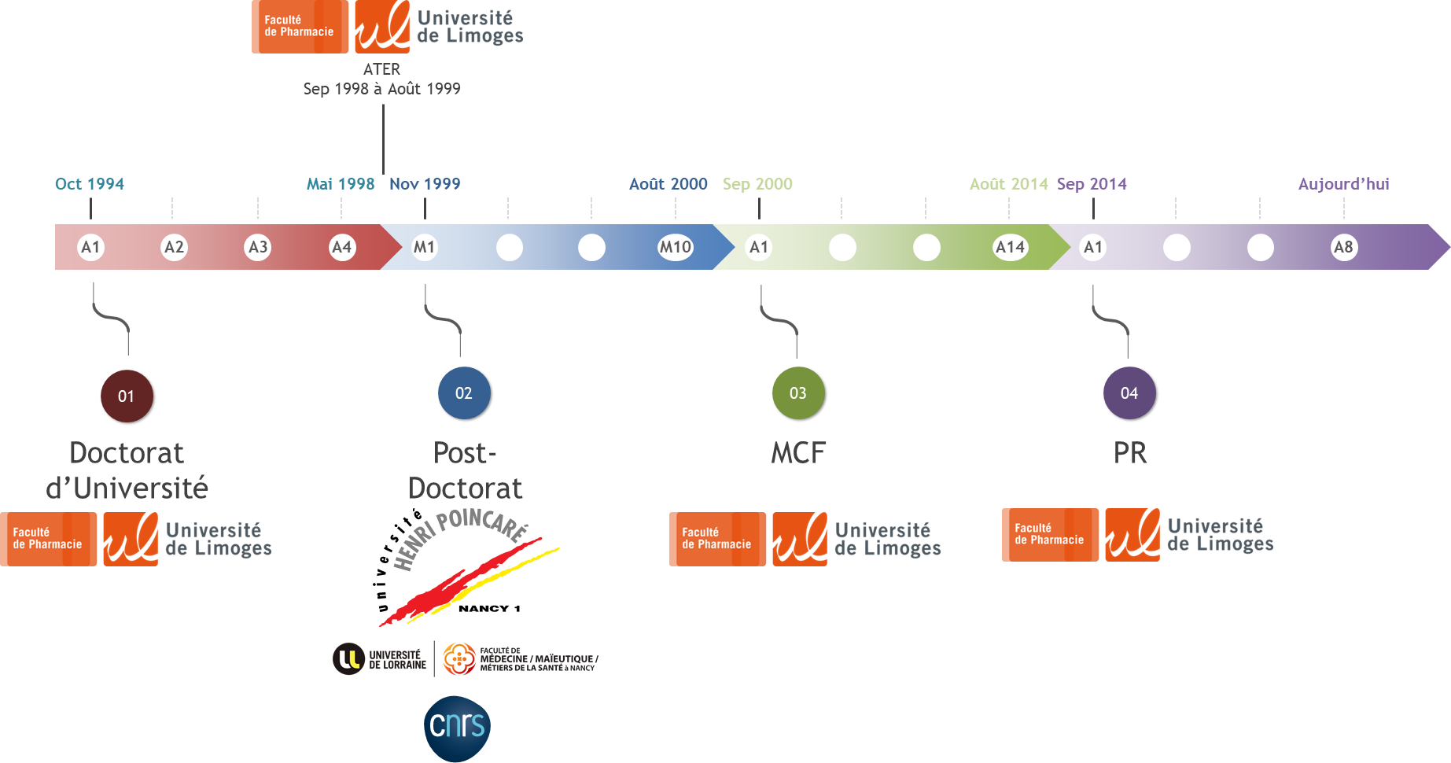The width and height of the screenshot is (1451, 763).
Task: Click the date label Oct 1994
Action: pos(90,184)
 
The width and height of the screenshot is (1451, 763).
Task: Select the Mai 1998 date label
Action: pos(341,184)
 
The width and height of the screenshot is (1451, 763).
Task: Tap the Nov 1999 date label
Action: pos(425,184)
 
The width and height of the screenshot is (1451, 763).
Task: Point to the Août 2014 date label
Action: pos(1008,184)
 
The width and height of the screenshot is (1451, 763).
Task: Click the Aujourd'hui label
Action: pos(1343,184)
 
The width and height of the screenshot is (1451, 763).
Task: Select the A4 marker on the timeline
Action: pos(341,247)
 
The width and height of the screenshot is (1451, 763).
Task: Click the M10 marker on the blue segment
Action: pos(675,247)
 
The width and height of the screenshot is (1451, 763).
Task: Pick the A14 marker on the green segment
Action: pos(1010,247)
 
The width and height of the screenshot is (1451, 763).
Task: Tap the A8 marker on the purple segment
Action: pos(1344,247)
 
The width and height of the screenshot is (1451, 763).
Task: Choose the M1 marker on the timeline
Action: pos(425,247)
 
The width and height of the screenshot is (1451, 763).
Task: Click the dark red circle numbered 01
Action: pos(127,396)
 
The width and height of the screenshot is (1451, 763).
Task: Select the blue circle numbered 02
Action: pos(464,393)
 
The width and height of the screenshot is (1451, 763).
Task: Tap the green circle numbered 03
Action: pos(798,393)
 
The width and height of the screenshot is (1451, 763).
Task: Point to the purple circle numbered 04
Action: pos(1129,393)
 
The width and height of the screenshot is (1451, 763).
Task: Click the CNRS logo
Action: pos(457,727)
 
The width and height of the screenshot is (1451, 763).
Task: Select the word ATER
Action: pos(381,69)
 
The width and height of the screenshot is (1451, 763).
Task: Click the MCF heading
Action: pos(798,453)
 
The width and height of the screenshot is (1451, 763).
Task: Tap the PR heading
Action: pos(1130,453)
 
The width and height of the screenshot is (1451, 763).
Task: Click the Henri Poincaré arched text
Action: pos(460,535)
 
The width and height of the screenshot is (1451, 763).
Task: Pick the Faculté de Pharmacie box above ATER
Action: pos(300,27)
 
